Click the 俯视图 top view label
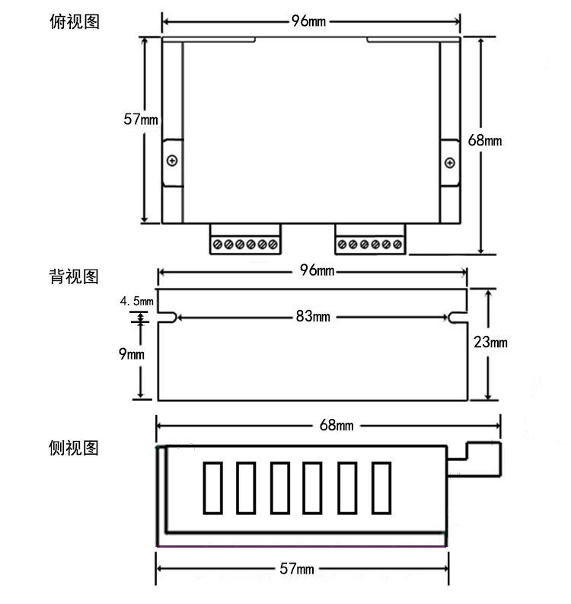74,21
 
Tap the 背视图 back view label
74,276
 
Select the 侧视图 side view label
74,447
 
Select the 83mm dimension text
312,317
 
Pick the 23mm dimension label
490,343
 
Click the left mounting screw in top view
173,161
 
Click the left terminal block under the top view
246,241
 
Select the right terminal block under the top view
370,241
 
